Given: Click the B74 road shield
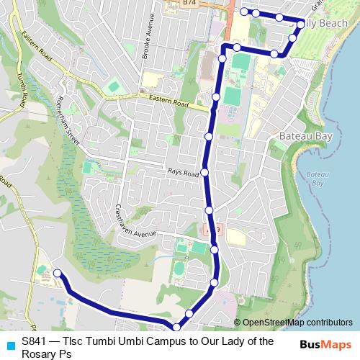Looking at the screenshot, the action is [x=189, y=4].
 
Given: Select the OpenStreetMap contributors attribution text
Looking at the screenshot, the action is [x=293, y=323].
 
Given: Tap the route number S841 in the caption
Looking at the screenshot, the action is [x=35, y=342].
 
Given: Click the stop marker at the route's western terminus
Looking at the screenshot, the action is [x=55, y=273].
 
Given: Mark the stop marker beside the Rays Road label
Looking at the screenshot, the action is [x=205, y=172].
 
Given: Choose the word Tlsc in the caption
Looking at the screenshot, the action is [x=73, y=342].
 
